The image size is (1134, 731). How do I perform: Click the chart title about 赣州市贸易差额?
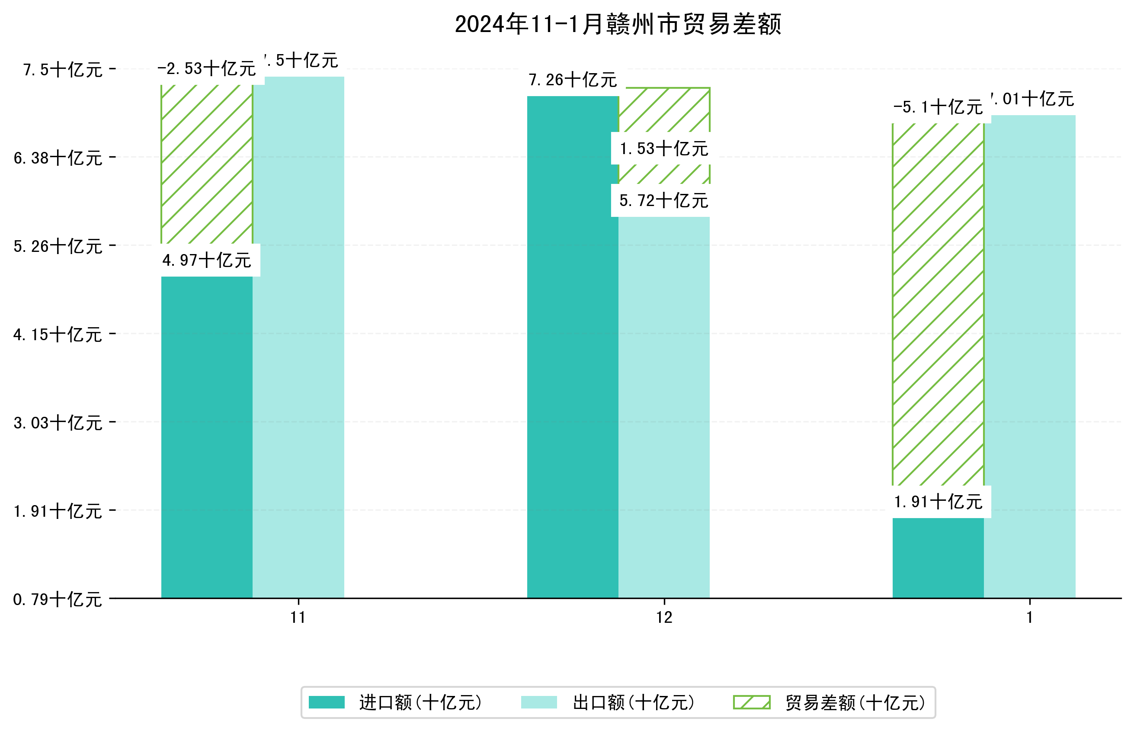pyautogui.click(x=618, y=25)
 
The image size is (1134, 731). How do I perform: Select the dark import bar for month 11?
pyautogui.click(x=207, y=437)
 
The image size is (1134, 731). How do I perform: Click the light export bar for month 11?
pyautogui.click(x=298, y=337)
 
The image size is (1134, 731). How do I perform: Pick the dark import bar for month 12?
pyautogui.click(x=573, y=347)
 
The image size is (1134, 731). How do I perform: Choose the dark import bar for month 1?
pyautogui.click(x=938, y=558)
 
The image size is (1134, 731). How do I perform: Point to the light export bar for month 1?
pyautogui.click(x=1029, y=356)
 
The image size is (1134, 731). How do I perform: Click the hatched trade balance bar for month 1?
pyautogui.click(x=938, y=304)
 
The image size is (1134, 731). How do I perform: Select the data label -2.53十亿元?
pyautogui.click(x=207, y=69)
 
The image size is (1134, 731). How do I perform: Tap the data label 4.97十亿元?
pyautogui.click(x=207, y=261)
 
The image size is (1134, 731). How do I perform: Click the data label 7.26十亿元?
pyautogui.click(x=573, y=80)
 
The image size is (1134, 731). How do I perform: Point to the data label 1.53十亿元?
pyautogui.click(x=663, y=149)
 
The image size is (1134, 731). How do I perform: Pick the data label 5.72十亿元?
pyautogui.click(x=663, y=201)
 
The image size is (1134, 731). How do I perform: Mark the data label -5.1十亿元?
pyautogui.click(x=938, y=108)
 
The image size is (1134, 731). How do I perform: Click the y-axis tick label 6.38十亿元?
pyautogui.click(x=58, y=158)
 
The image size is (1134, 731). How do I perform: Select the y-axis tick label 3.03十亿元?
pyautogui.click(x=58, y=423)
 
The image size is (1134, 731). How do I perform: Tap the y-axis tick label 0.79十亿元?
pyautogui.click(x=58, y=600)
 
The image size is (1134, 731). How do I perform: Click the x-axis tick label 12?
pyautogui.click(x=664, y=618)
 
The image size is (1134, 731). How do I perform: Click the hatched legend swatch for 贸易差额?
pyautogui.click(x=752, y=702)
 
